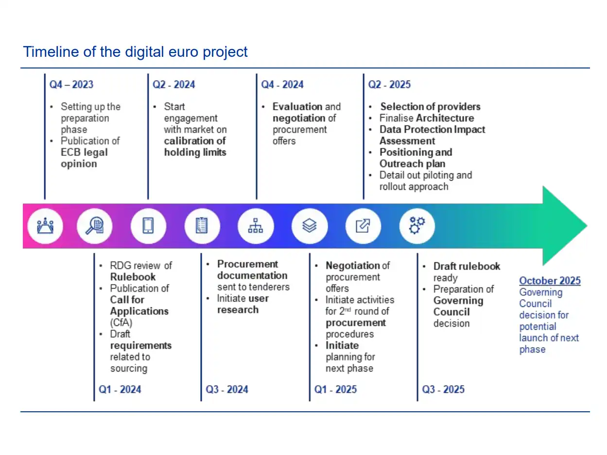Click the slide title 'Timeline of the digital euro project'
(x=135, y=52)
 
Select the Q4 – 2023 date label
(x=71, y=84)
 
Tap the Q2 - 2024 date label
(x=173, y=84)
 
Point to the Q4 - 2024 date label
(x=282, y=84)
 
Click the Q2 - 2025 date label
(x=389, y=84)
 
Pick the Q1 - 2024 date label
(x=120, y=389)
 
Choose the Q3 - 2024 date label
(x=226, y=389)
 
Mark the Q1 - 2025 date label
(x=335, y=389)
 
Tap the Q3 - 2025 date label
(x=443, y=389)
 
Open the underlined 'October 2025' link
(x=550, y=280)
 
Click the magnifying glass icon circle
(x=94, y=226)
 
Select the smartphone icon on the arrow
(x=148, y=225)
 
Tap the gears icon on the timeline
(x=417, y=225)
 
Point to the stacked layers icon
(x=309, y=225)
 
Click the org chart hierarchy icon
(x=255, y=225)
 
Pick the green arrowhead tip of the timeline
(x=587, y=226)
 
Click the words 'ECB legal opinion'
(x=84, y=158)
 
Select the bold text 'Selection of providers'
(x=430, y=107)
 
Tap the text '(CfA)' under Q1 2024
(x=121, y=322)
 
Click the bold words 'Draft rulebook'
(x=467, y=266)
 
